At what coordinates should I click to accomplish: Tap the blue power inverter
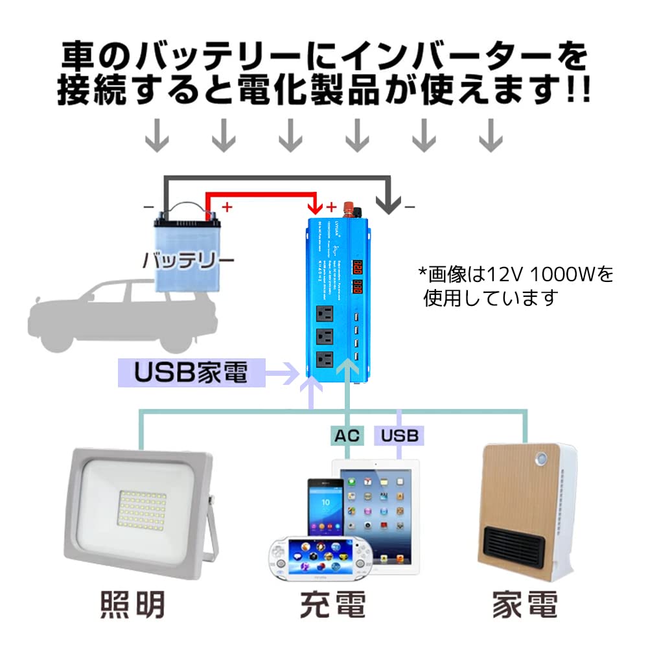point(340,298)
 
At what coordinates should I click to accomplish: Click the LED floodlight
point(139,511)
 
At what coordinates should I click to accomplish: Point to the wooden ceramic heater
point(526,511)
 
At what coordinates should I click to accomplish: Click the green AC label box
point(347,435)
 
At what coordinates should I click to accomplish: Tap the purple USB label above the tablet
point(400,435)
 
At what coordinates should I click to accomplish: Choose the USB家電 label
point(192,373)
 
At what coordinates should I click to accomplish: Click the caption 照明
point(133,606)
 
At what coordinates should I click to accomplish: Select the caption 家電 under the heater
point(525,606)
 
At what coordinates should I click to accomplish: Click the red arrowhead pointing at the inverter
point(316,207)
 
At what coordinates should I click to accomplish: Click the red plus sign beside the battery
point(227,208)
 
